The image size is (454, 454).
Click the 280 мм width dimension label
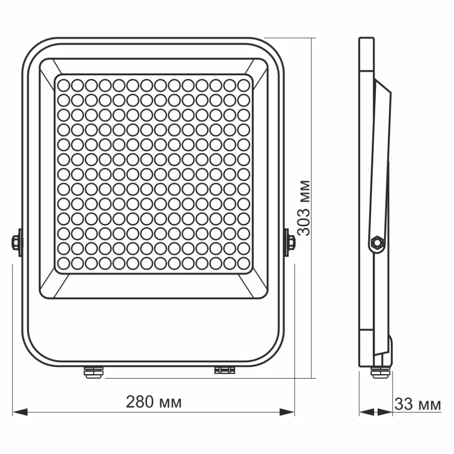tap(153, 402)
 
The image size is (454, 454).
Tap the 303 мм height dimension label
tap(305, 207)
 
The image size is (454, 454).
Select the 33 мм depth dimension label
tap(417, 404)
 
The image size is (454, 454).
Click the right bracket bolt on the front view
tap(289, 242)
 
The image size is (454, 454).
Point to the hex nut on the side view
tap(376, 242)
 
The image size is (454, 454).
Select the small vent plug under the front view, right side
tap(225, 370)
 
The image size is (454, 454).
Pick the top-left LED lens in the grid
tap(63, 85)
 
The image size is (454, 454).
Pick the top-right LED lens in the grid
tap(244, 85)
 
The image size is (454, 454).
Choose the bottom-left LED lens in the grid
tap(63, 263)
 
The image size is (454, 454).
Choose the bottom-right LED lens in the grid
tap(244, 263)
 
